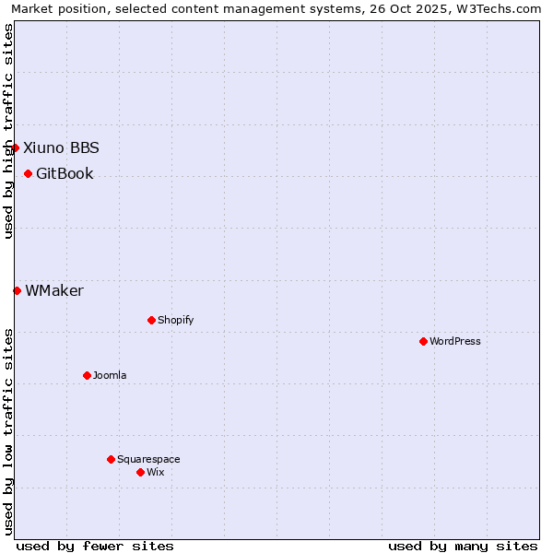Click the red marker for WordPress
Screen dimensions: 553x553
(423, 341)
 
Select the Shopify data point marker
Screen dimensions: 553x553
(151, 320)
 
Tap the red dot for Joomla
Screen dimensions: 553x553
(87, 375)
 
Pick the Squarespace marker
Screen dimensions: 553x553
(111, 459)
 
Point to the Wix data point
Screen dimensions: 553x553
(140, 472)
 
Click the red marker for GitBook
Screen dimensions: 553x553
(28, 173)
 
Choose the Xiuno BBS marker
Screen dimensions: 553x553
(15, 147)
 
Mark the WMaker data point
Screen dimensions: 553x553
(17, 290)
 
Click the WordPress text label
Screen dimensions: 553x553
(455, 341)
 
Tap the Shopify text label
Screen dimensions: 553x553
(176, 320)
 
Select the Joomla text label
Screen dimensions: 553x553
(110, 375)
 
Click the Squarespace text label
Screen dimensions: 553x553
(148, 459)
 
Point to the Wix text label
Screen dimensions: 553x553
(156, 472)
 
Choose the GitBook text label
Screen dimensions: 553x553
(65, 173)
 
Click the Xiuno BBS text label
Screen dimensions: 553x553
(61, 147)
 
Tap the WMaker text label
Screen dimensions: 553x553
(54, 290)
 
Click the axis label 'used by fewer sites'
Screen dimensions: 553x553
(95, 546)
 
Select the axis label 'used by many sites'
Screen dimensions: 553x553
(463, 546)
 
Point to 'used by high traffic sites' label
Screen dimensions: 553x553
(9, 131)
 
